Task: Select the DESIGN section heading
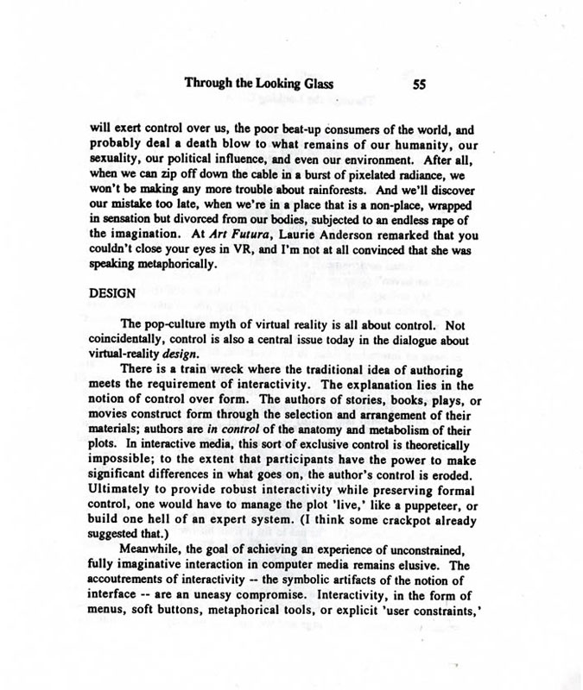point(113,292)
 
